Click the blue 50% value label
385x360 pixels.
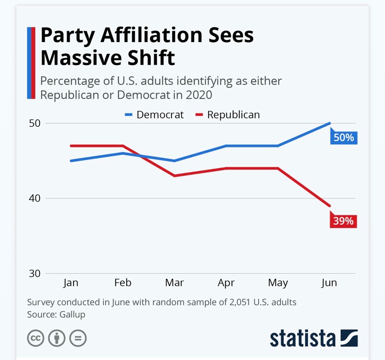coord(343,137)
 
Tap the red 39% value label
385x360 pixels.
coord(343,221)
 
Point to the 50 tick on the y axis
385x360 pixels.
coord(34,124)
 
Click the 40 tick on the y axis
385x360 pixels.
coord(34,198)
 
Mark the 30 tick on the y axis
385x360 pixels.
coord(34,273)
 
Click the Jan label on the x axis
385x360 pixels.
coord(71,283)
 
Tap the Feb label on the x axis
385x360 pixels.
coord(123,283)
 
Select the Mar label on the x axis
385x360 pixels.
coord(175,283)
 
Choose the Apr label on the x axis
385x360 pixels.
coord(226,283)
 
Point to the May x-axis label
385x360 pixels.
coord(278,283)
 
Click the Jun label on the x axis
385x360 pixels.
coord(330,283)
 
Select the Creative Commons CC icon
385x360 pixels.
coord(35,338)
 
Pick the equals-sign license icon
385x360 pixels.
coord(78,338)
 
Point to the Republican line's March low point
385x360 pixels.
coord(175,176)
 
